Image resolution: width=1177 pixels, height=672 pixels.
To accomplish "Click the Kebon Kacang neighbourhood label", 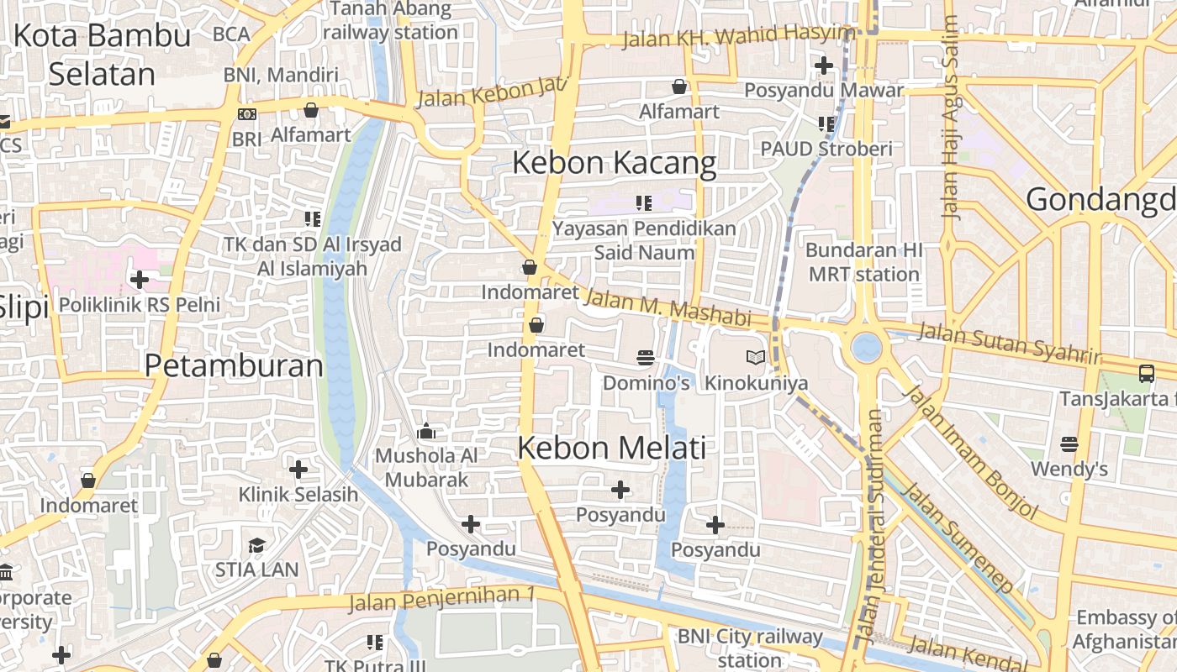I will pos(614,163).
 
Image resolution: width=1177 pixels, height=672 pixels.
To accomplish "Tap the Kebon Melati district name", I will pos(611,449).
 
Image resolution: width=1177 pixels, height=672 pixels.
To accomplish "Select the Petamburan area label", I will pos(234,366).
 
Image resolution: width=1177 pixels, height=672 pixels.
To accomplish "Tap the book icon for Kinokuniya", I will pos(755,358).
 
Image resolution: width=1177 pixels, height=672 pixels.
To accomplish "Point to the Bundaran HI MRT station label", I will pos(863,262).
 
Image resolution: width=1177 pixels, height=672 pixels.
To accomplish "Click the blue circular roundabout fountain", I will pos(866,346).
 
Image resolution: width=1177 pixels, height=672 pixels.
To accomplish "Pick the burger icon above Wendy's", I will pos(1069,444).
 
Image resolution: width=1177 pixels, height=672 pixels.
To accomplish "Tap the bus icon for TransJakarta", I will pos(1146,373).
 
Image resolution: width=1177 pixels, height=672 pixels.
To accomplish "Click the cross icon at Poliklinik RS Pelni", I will pos(140,279).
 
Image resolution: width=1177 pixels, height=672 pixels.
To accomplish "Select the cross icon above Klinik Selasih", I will pos(298,470).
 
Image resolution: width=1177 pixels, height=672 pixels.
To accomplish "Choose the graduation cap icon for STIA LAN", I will pos(256,546).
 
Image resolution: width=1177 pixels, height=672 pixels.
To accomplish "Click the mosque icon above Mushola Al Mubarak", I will pos(426,432).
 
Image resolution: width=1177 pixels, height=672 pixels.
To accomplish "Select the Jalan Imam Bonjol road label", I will pos(971,453).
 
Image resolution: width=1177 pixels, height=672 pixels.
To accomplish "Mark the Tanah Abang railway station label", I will pos(390,21).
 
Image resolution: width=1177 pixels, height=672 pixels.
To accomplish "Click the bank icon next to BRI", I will pos(246,114).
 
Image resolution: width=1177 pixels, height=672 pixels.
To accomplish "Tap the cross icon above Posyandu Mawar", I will pos(823,65).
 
